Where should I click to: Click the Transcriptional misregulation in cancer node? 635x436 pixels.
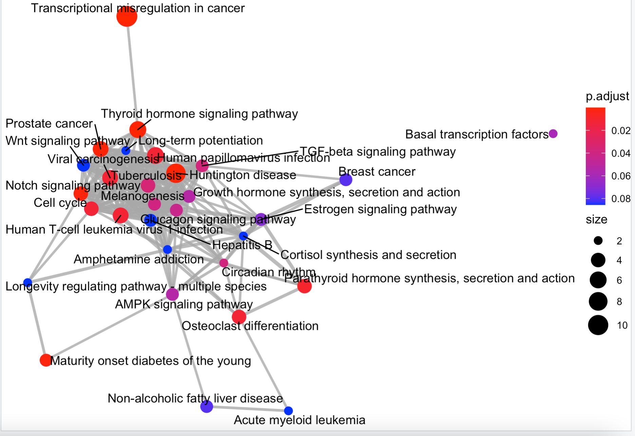[x=127, y=16]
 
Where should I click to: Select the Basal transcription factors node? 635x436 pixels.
[x=553, y=134]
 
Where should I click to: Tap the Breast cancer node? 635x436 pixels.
[x=346, y=180]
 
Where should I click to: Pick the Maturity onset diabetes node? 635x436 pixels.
[x=46, y=360]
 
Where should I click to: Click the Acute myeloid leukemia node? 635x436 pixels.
[x=288, y=411]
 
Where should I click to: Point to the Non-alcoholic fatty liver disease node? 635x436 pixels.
[x=207, y=406]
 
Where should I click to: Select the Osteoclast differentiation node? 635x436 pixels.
[x=239, y=317]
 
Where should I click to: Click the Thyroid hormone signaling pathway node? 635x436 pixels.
[x=138, y=129]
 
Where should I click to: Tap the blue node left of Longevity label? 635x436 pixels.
[x=28, y=282]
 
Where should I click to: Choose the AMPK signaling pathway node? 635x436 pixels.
[x=172, y=294]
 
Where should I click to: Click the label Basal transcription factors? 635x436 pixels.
[x=477, y=135]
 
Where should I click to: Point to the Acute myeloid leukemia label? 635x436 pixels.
[x=300, y=420]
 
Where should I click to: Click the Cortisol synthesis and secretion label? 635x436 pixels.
[x=368, y=255]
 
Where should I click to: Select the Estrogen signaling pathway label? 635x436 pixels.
[x=380, y=210]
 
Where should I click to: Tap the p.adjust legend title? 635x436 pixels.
[x=607, y=96]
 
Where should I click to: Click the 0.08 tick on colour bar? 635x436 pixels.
[x=621, y=199]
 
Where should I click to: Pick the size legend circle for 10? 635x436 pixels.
[x=598, y=325]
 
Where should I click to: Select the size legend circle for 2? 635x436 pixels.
[x=598, y=241]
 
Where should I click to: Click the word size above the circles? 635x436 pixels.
[x=596, y=220]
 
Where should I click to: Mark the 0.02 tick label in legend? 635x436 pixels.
[x=621, y=131]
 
